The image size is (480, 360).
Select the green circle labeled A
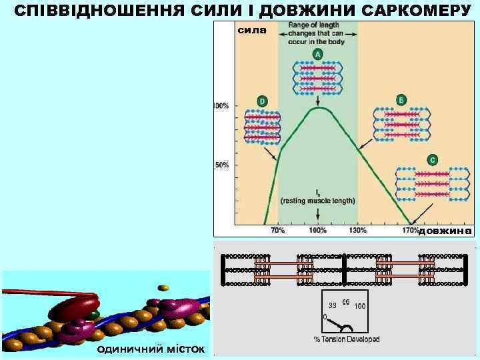[x=318, y=54]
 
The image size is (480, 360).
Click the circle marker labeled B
[x=401, y=99]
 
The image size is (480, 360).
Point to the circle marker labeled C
[x=433, y=160]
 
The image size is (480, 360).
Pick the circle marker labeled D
[x=262, y=101]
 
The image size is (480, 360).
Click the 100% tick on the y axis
[x=221, y=105]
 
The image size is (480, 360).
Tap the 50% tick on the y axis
[x=223, y=164]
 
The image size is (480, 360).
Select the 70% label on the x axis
[x=277, y=230]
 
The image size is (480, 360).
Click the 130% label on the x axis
[x=358, y=230]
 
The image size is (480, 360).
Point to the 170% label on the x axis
[x=411, y=230]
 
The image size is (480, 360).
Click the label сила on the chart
[x=251, y=30]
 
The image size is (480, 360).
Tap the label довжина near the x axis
[x=445, y=231]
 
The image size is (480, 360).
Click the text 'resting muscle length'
[x=318, y=201]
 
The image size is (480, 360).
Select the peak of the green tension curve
[x=319, y=107]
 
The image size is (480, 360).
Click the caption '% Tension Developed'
[x=347, y=339]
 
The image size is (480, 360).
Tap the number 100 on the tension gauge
[x=360, y=306]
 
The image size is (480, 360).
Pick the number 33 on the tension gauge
[x=332, y=305]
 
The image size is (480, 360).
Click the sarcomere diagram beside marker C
[x=433, y=183]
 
